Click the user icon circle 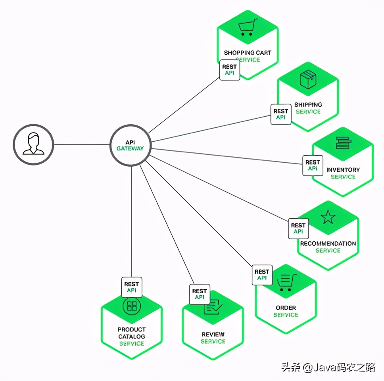[33, 144]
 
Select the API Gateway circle [130, 145]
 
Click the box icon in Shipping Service [307, 80]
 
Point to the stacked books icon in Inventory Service [343, 143]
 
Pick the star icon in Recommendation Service [328, 217]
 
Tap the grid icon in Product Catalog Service [132, 306]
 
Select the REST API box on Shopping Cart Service [230, 70]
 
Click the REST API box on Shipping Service [281, 114]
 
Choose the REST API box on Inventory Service [313, 165]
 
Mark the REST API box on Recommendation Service [298, 228]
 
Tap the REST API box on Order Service [262, 275]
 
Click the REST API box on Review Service [200, 294]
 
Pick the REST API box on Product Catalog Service [132, 287]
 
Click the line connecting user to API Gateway [81, 144]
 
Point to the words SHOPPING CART [248, 52]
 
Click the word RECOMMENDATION [328, 243]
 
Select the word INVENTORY [343, 169]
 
